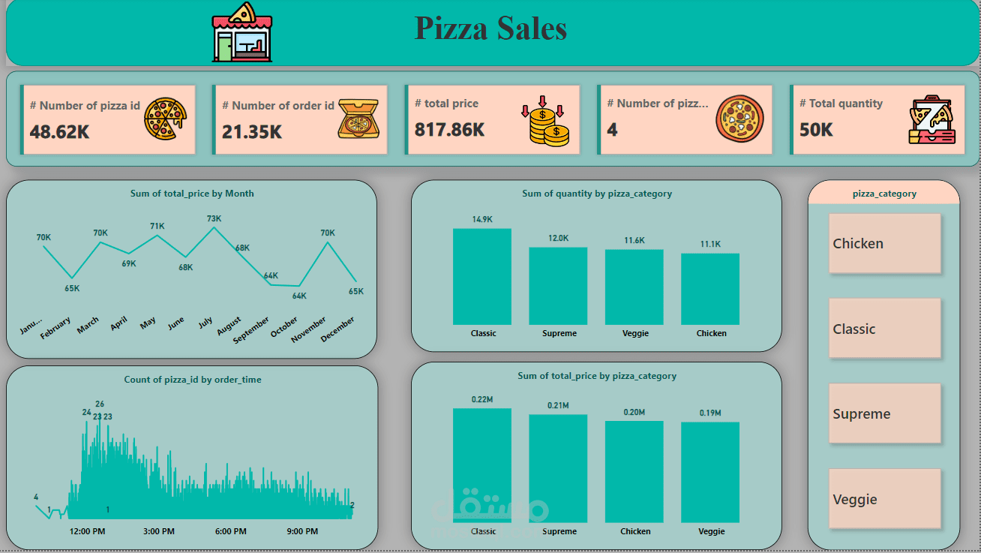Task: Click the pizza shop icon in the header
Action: pos(242,32)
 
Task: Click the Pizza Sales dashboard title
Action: pos(490,29)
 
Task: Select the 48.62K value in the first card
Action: pos(60,131)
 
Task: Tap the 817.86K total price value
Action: pos(449,130)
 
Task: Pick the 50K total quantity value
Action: pos(816,130)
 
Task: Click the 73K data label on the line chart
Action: pos(214,219)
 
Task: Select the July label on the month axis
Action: pos(205,323)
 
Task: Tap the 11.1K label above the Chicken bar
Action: pos(710,244)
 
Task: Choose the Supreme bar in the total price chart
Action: pos(558,468)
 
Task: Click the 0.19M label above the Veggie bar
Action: pos(710,413)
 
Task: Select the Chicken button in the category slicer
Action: pos(884,244)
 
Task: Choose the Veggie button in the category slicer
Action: pos(884,499)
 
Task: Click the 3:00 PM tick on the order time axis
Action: pos(159,531)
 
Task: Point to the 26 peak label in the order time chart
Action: pos(100,404)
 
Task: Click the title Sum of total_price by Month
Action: pos(192,194)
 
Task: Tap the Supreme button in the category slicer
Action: pos(884,413)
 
